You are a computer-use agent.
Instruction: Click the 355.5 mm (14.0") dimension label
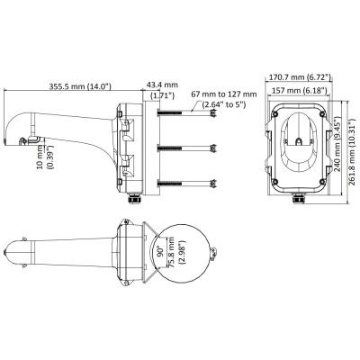pos(80,86)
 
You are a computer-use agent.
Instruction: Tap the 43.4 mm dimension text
pos(162,85)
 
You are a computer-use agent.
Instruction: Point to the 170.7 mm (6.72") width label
pos(299,77)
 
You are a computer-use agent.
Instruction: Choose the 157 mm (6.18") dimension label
pos(299,90)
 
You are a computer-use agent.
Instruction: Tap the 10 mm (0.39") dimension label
pos(45,157)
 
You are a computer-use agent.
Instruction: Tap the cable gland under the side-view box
pos(134,199)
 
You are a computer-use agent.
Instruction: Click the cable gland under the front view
pos(299,199)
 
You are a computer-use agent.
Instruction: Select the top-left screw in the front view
pos(275,113)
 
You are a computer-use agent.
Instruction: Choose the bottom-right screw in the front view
pos(323,181)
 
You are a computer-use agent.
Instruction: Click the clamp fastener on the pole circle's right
pos(213,253)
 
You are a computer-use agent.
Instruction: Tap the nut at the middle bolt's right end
pos(213,148)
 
